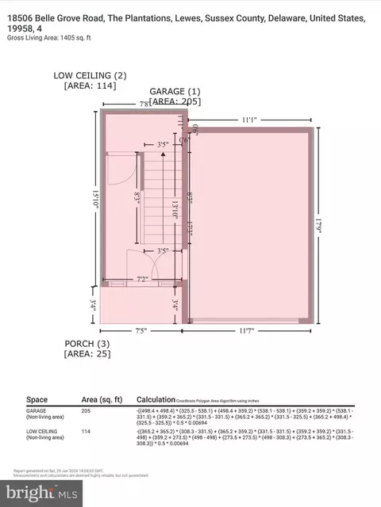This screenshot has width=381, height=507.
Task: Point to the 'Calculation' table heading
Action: [158, 400]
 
